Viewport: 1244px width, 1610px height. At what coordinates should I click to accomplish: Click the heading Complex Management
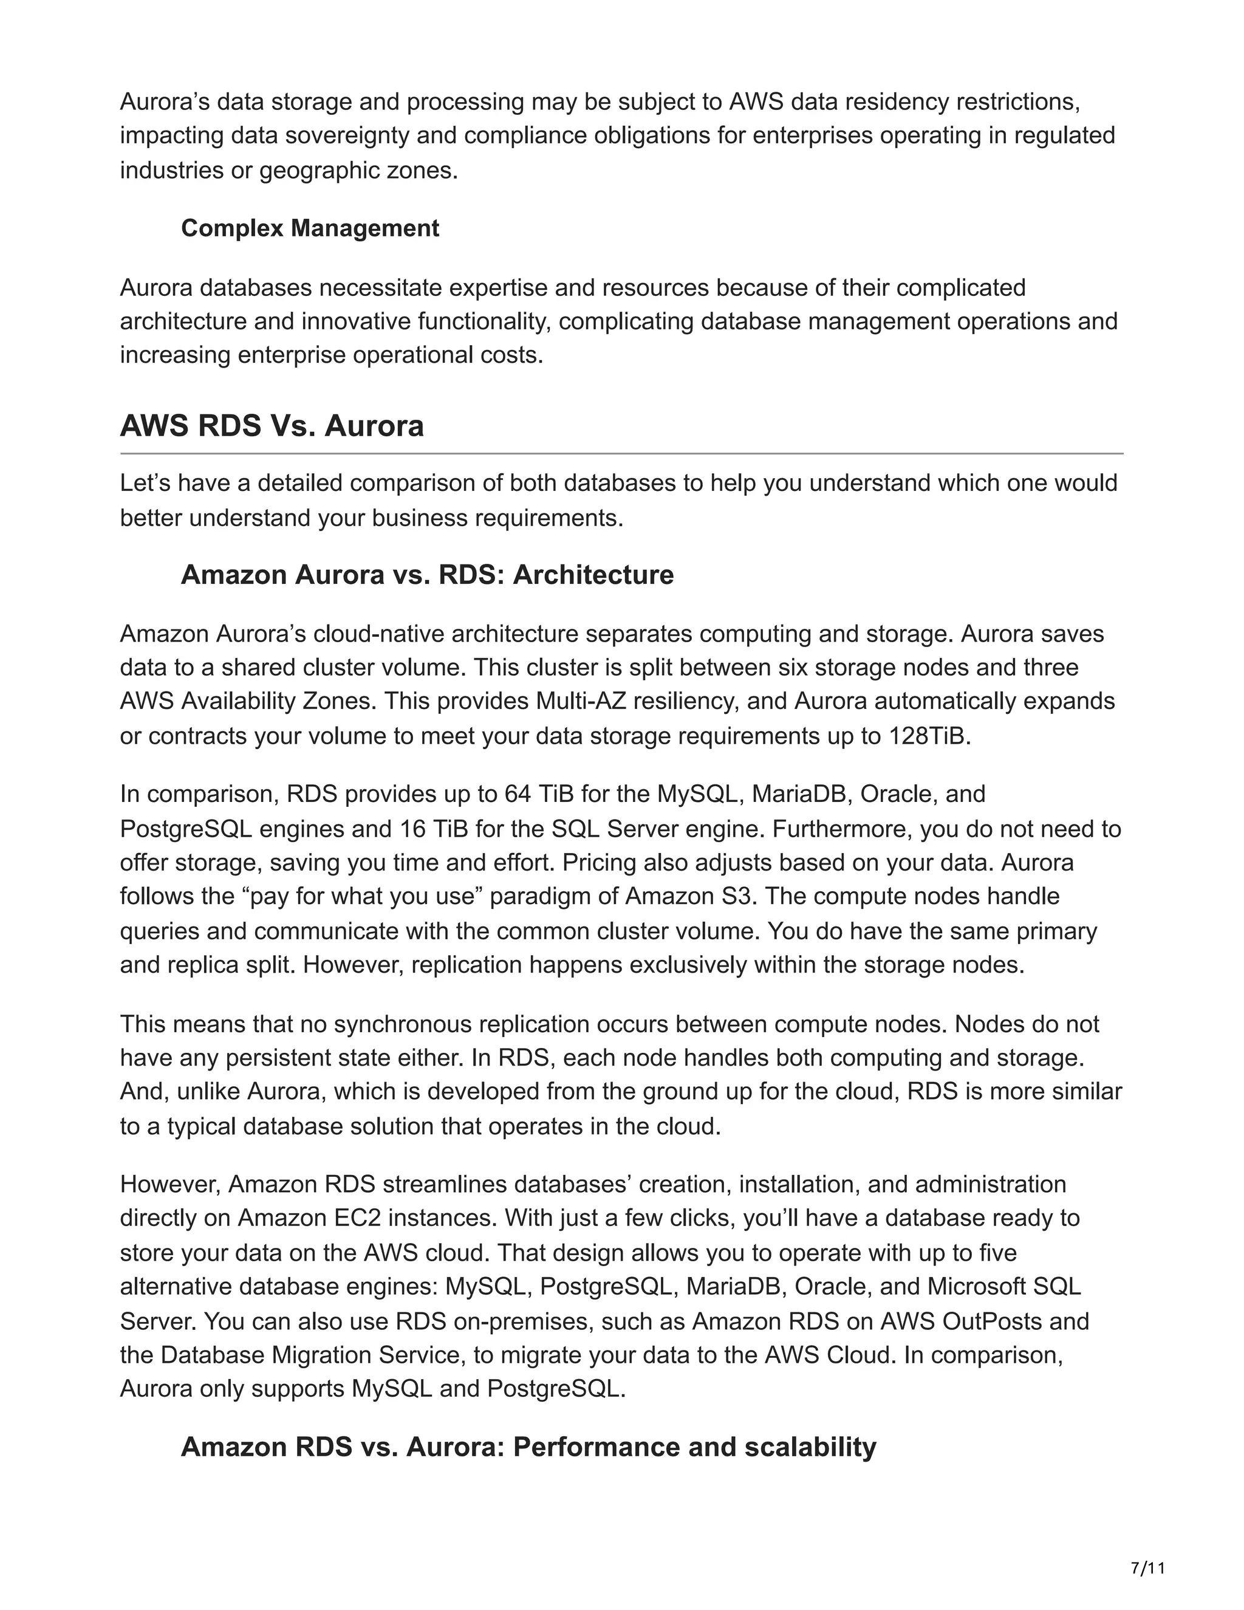310,228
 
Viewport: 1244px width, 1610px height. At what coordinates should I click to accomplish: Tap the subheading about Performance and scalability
528,1447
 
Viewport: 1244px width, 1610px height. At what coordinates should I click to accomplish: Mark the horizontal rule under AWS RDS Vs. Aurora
621,453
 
